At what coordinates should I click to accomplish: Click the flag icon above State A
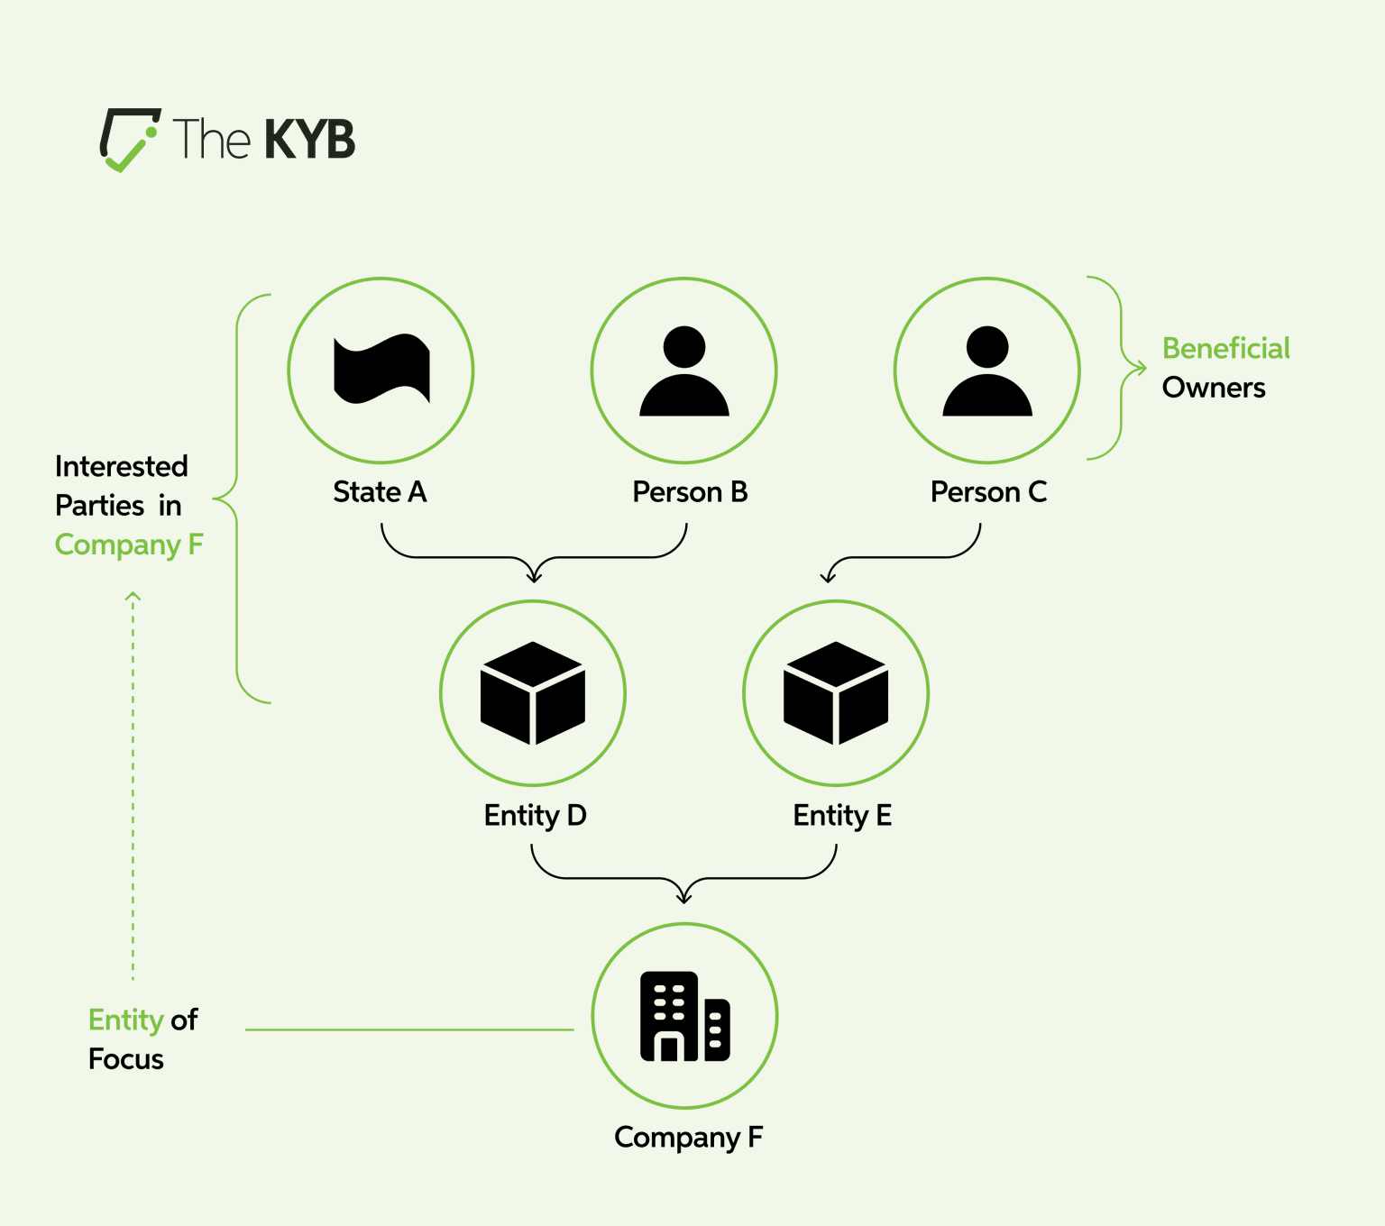pyautogui.click(x=381, y=370)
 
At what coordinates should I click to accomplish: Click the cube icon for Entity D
pyautogui.click(x=533, y=692)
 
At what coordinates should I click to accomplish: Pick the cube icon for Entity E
pyautogui.click(x=836, y=692)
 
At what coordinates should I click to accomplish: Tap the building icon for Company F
pyautogui.click(x=684, y=1016)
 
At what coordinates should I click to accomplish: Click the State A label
pyautogui.click(x=380, y=492)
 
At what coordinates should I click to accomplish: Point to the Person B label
pyautogui.click(x=690, y=492)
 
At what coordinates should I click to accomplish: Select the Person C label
pyautogui.click(x=988, y=492)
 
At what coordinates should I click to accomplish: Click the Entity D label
pyautogui.click(x=535, y=815)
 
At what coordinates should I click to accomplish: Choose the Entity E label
pyautogui.click(x=842, y=815)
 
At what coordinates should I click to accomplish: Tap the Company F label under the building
pyautogui.click(x=688, y=1138)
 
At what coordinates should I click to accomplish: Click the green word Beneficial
pyautogui.click(x=1225, y=348)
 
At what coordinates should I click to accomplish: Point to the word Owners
pyautogui.click(x=1214, y=388)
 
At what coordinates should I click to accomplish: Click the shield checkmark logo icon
pyautogui.click(x=129, y=140)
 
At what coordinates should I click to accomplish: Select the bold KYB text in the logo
pyautogui.click(x=309, y=140)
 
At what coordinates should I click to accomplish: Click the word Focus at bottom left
pyautogui.click(x=126, y=1059)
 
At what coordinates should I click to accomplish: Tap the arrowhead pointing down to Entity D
pyautogui.click(x=534, y=576)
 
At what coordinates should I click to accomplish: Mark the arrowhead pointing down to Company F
pyautogui.click(x=684, y=897)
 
